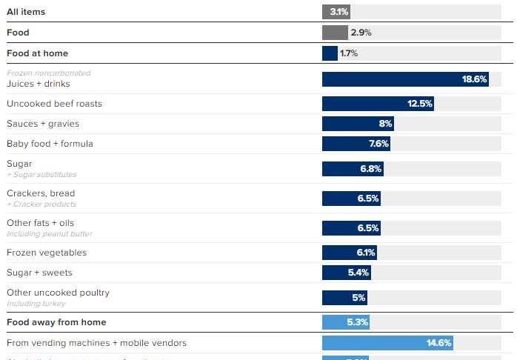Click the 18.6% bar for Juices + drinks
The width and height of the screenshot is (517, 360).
[x=405, y=79]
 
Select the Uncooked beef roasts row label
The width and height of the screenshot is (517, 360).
[x=54, y=104]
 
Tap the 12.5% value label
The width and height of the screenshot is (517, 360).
[x=419, y=104]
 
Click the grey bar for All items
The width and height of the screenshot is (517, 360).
[x=336, y=12]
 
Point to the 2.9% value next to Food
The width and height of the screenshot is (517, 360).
[x=361, y=33]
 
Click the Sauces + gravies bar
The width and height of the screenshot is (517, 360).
[x=357, y=124]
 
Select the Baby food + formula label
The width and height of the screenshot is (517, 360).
[x=50, y=144]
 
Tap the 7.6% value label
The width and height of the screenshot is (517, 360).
[x=379, y=144]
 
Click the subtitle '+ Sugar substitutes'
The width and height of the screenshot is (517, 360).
[x=41, y=175]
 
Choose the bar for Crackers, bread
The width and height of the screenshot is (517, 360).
[x=351, y=199]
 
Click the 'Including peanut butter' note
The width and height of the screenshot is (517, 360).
[x=49, y=234]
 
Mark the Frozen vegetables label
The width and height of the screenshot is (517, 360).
[x=47, y=253]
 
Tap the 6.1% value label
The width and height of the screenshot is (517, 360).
[x=366, y=253]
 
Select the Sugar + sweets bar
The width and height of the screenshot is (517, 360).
[x=346, y=273]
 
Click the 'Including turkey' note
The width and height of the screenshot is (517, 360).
[x=36, y=304]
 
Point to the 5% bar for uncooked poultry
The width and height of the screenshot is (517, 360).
[x=344, y=298]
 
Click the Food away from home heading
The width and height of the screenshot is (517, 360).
[x=56, y=322]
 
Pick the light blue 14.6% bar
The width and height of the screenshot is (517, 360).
[x=387, y=343]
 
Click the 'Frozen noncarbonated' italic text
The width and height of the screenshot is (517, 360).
[x=48, y=73]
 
